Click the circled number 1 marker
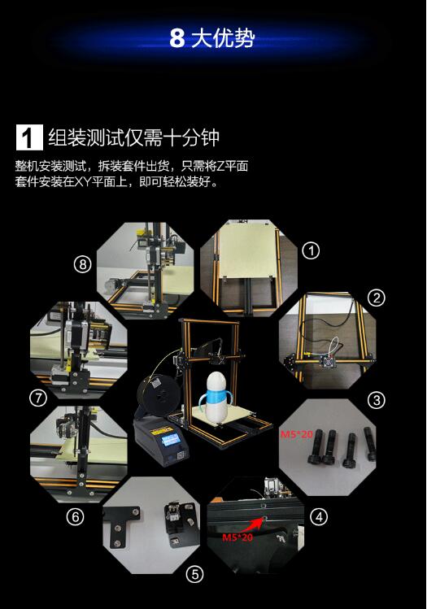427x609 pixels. point(311,251)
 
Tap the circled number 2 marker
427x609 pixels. point(376,298)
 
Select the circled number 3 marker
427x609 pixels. point(376,400)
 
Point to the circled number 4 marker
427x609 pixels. point(319,517)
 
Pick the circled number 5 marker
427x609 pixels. point(194,574)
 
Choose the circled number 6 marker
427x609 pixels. point(75,516)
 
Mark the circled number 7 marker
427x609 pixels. point(38,398)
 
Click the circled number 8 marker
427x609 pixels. point(82,265)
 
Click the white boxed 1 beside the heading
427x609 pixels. point(29,137)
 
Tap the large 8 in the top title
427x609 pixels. point(176,38)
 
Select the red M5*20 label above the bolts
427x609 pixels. point(296,434)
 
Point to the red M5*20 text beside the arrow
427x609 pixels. point(237,537)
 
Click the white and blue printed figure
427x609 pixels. point(216,397)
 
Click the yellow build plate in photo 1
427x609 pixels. point(246,249)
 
